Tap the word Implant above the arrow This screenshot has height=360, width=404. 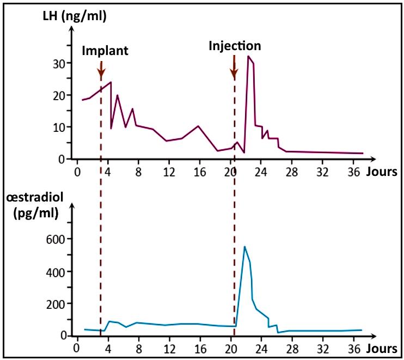105,51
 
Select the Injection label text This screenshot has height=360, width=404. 235,46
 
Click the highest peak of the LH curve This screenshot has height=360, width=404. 248,56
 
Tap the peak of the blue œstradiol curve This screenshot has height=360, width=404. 244,247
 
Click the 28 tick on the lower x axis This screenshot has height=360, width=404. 293,347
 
